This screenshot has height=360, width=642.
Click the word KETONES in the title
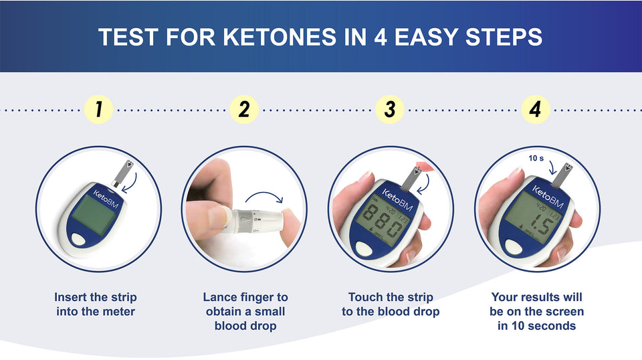(278, 37)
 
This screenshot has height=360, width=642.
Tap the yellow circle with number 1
(98, 109)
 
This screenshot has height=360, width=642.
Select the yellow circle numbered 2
(244, 109)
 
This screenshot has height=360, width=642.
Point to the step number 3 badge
(390, 109)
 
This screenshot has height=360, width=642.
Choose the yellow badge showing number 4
(536, 109)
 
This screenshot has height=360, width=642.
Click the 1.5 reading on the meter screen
(540, 224)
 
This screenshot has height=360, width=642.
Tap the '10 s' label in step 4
(536, 158)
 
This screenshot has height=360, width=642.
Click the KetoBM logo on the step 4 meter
(548, 196)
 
